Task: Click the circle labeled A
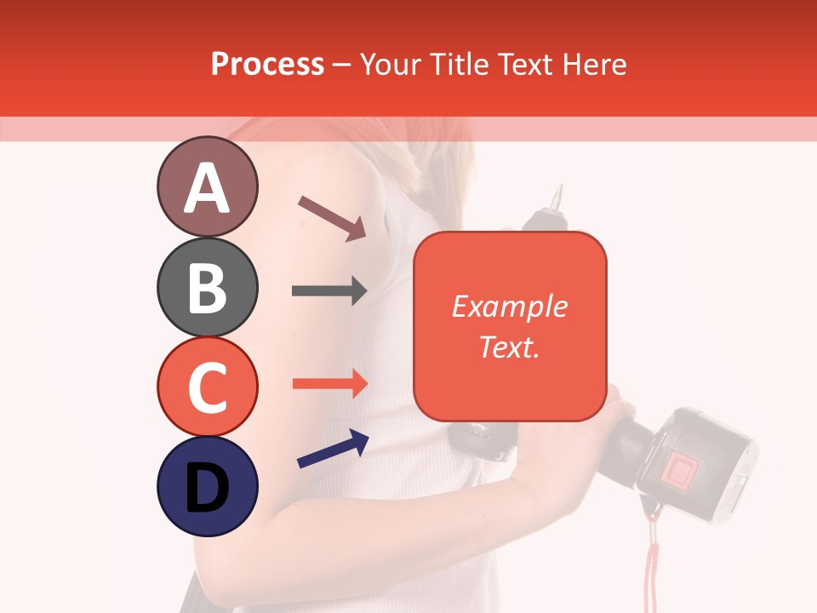207,186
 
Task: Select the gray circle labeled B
207,287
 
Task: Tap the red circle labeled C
207,387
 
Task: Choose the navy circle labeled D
207,486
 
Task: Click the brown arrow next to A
331,218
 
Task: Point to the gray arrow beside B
329,291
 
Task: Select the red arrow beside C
329,383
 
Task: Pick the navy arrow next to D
333,449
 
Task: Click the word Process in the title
267,64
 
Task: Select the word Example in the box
509,306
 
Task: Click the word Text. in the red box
509,347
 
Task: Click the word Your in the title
391,64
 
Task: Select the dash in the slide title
342,65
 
